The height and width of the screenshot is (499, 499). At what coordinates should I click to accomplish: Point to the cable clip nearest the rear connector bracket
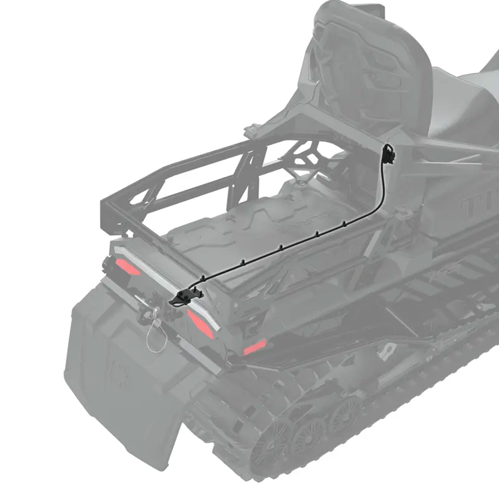point(203,278)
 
